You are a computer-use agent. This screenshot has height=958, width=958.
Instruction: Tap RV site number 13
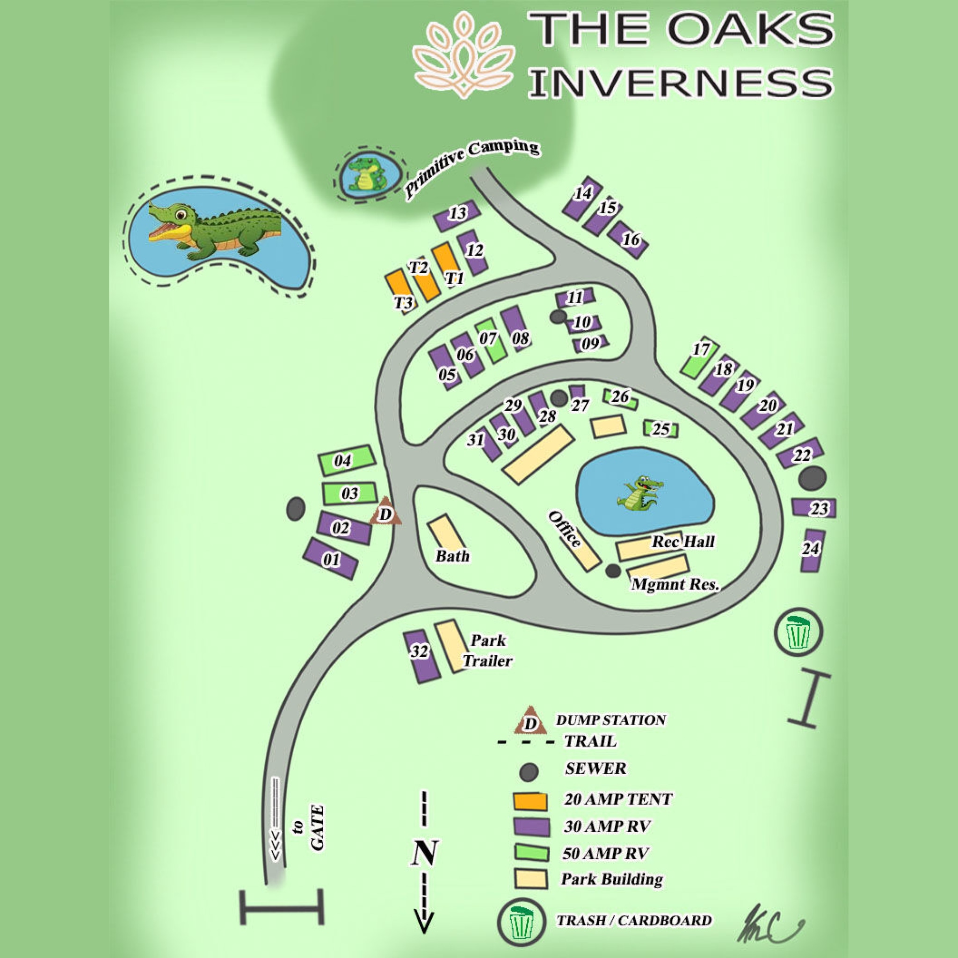coord(457,214)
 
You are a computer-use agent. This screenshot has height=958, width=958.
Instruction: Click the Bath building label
coord(452,556)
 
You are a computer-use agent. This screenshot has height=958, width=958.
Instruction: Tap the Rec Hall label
coord(683,541)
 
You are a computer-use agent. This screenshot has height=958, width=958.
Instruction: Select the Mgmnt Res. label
coord(675,585)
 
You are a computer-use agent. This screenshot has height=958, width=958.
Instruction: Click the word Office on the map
coord(565,530)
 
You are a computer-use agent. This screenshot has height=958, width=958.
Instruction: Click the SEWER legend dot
coord(529,771)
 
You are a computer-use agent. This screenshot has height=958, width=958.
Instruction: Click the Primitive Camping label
coord(472,167)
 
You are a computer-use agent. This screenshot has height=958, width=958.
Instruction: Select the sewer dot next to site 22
coord(812,478)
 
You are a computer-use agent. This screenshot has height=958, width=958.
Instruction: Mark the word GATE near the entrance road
coord(317,828)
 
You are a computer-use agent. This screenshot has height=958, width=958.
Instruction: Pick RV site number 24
coord(812,550)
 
